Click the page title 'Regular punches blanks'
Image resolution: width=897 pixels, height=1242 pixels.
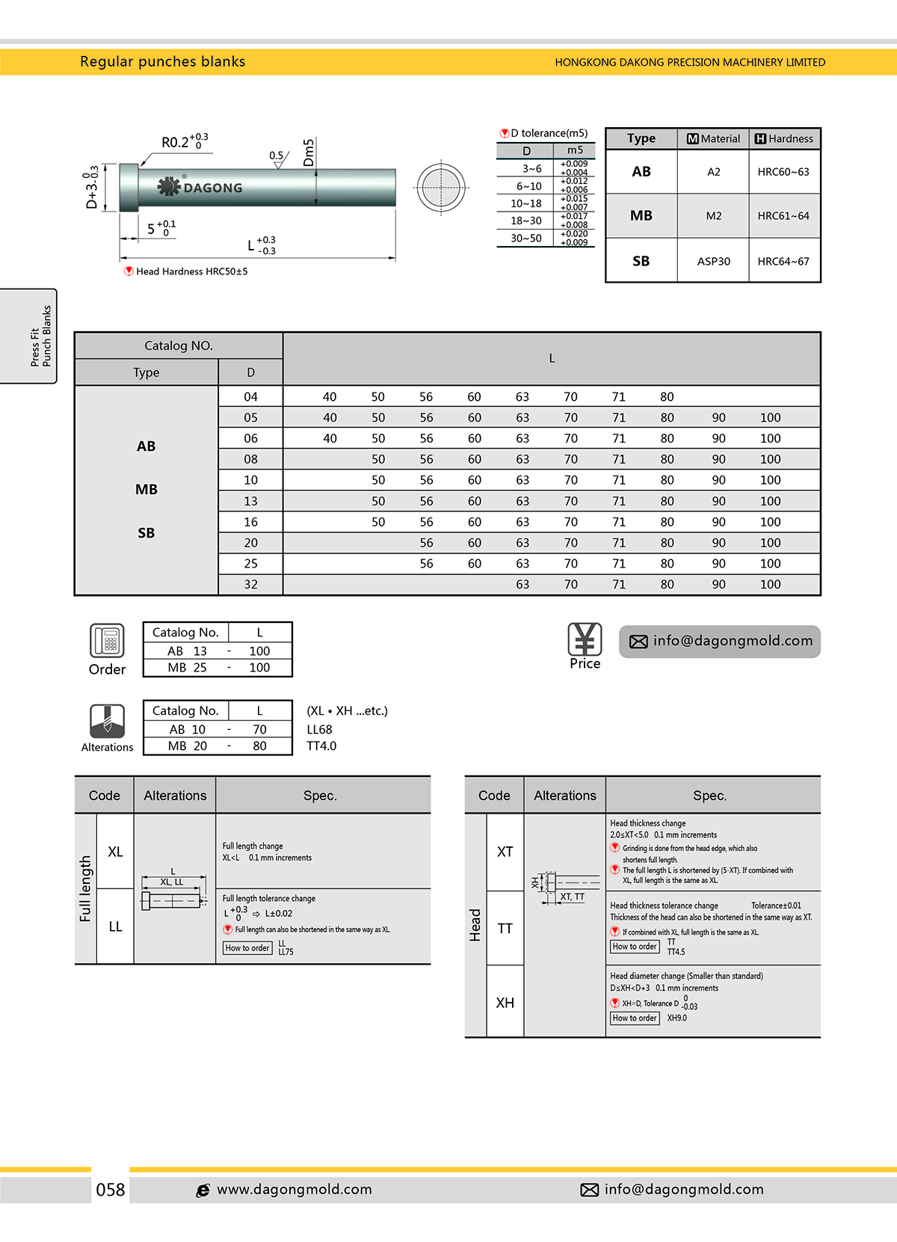(x=162, y=62)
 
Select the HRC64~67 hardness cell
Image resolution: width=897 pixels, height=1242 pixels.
(x=783, y=261)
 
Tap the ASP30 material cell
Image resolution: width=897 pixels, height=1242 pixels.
(x=713, y=261)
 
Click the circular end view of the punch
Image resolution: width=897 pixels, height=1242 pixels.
(x=441, y=187)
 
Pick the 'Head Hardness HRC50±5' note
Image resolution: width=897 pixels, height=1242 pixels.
(x=191, y=271)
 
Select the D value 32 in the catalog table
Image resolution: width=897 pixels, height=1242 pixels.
(x=250, y=584)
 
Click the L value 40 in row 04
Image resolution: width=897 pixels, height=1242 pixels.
(x=330, y=397)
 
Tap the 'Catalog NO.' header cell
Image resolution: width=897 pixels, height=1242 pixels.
(x=179, y=345)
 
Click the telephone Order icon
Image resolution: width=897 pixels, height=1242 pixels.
(x=107, y=641)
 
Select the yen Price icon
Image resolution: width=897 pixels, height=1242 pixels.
(x=585, y=639)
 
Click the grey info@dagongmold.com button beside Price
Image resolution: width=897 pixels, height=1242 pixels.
(x=719, y=641)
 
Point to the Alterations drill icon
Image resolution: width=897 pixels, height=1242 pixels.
(x=107, y=722)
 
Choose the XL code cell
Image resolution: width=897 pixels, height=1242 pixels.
(x=115, y=852)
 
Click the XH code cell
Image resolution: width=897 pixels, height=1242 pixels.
(x=505, y=1003)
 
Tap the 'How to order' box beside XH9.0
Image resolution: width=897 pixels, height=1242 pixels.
(x=635, y=1018)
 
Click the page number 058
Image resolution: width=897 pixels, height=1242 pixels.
(x=111, y=1190)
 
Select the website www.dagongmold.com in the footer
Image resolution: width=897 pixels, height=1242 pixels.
(x=294, y=1190)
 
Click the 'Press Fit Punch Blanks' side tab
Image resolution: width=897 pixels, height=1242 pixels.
(x=40, y=336)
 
